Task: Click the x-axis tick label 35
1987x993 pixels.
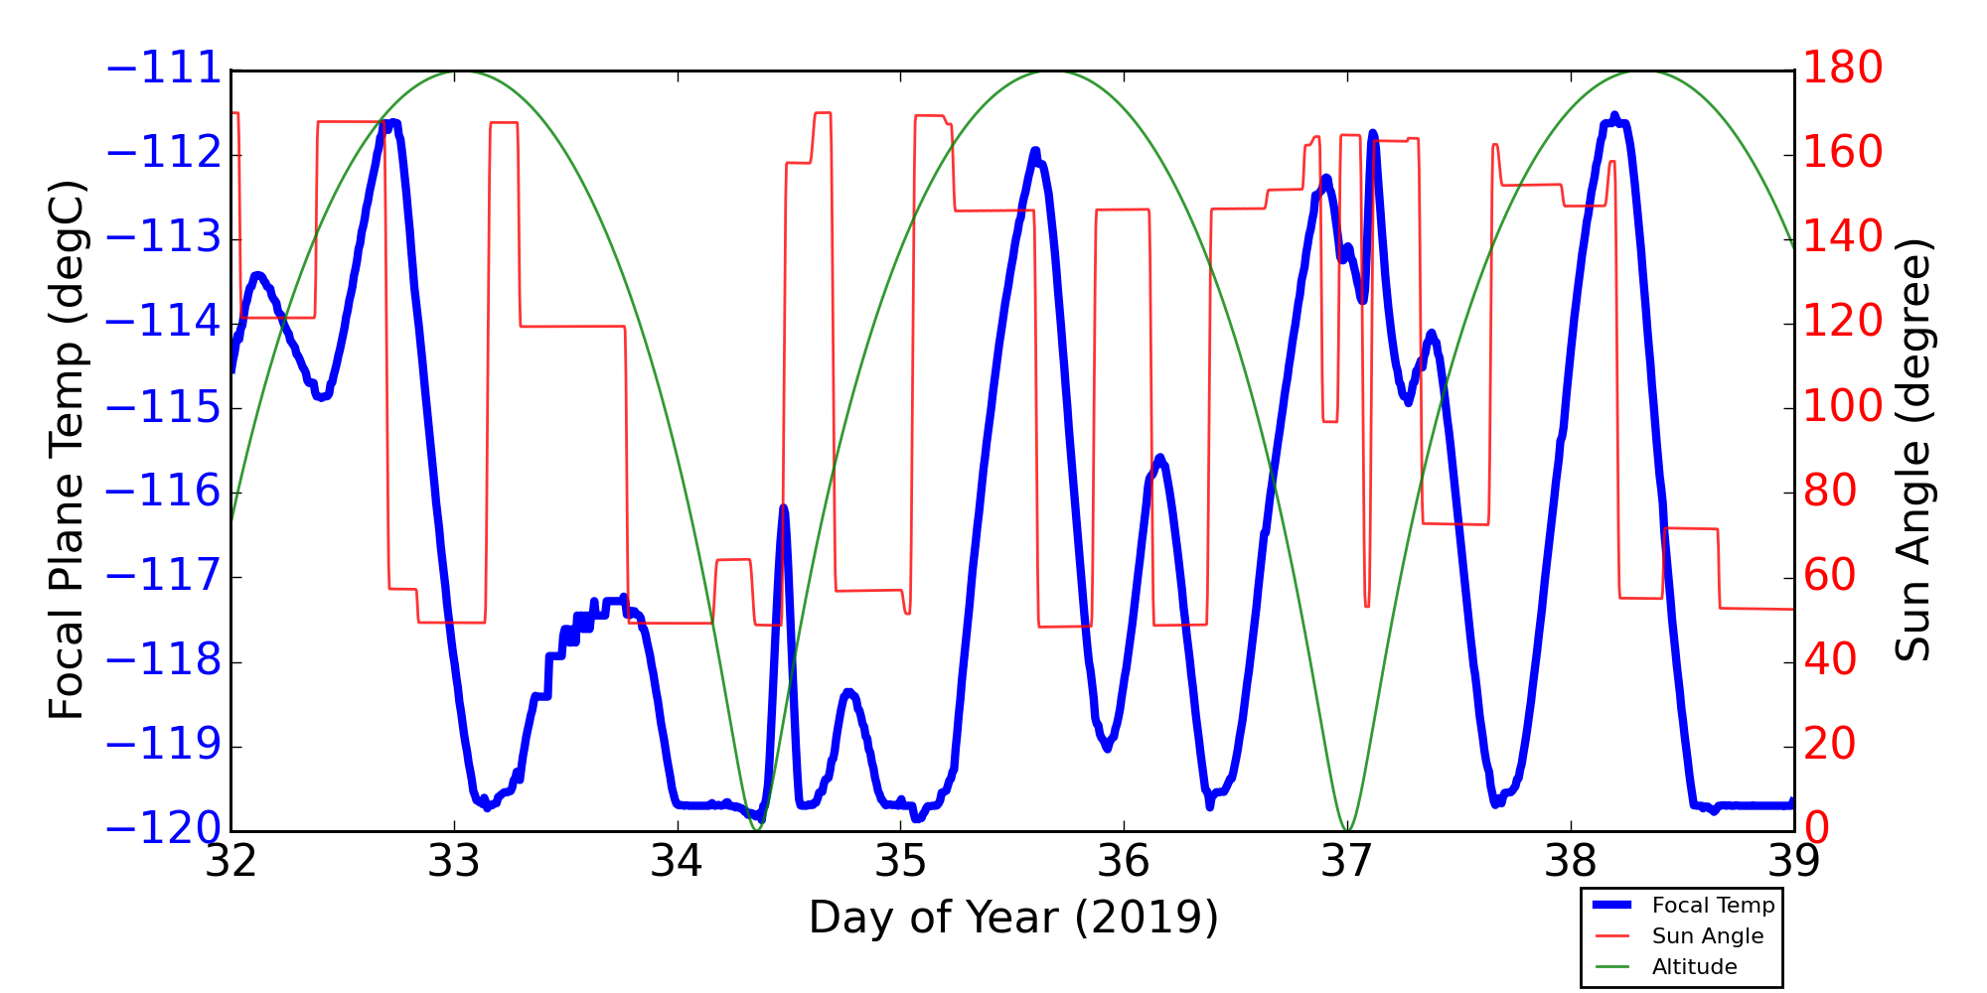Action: coord(900,862)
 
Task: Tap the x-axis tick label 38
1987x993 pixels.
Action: coord(1571,862)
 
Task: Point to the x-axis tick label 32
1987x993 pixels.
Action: coord(230,862)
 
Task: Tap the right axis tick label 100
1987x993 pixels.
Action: coord(1843,406)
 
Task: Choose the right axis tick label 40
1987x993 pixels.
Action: coord(1830,660)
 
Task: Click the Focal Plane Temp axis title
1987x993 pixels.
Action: coord(67,450)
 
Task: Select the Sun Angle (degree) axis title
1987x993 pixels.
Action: coord(1912,450)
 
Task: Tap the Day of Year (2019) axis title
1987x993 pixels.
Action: coord(1012,918)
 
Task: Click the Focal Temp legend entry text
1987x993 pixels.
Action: coord(1713,906)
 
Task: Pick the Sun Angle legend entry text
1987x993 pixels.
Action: coord(1707,936)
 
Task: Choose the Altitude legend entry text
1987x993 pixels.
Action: coord(1694,967)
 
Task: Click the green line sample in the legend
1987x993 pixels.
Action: coord(1614,967)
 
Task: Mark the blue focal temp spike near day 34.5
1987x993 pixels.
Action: coord(783,508)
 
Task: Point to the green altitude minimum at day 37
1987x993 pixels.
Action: coord(1347,829)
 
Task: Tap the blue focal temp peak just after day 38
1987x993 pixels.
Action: coord(1614,117)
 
